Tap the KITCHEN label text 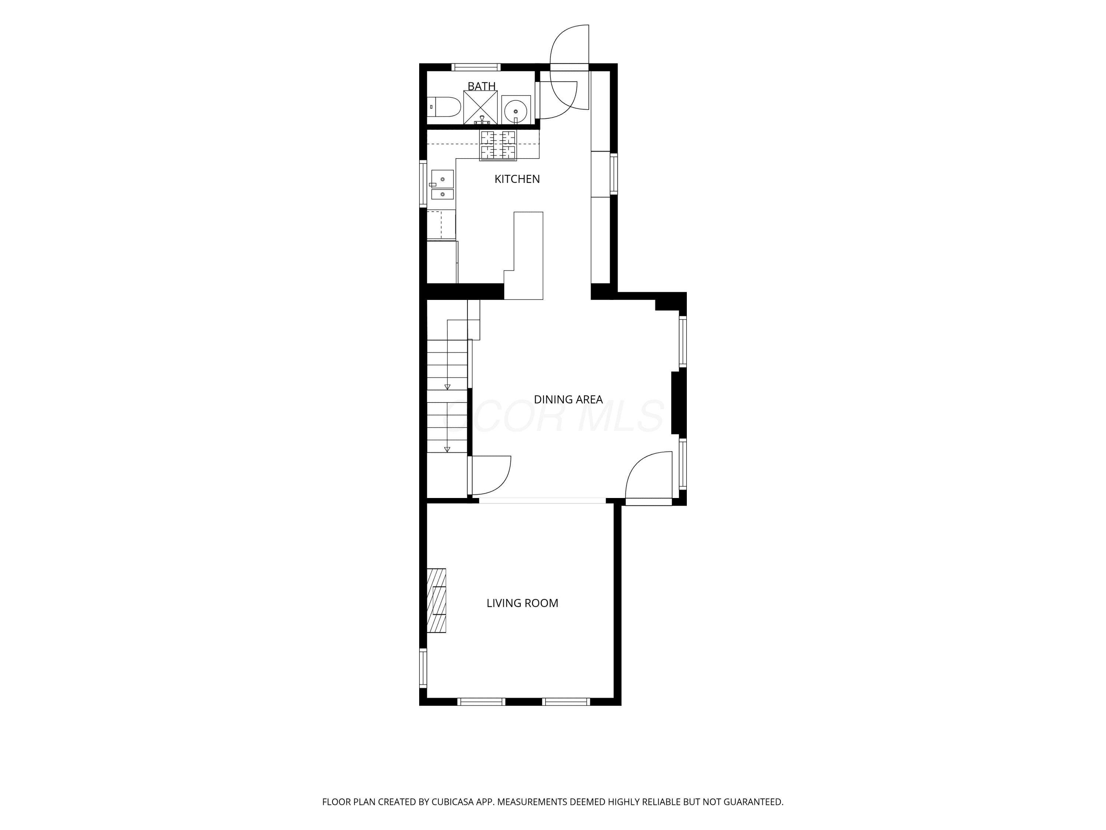pos(517,179)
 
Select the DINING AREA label pos(568,399)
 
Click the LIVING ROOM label pos(522,603)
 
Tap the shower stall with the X pos(480,107)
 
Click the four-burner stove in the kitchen pos(498,145)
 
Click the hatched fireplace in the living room pos(436,600)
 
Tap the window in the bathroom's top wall pos(476,67)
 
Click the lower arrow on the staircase pos(448,449)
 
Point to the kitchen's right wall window pos(614,174)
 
